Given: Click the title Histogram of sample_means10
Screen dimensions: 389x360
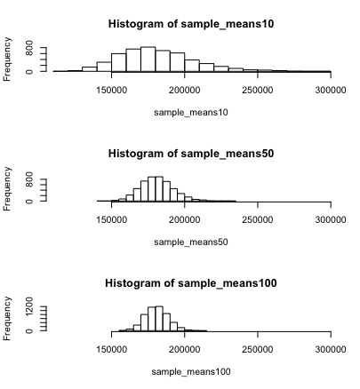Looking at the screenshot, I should click(190, 23).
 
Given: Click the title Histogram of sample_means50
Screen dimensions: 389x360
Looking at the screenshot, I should click(190, 153).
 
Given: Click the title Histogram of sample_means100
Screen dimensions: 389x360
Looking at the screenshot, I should click(190, 282).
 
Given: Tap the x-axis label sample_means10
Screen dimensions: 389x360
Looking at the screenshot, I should click(191, 112).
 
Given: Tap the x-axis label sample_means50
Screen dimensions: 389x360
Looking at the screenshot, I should click(191, 242).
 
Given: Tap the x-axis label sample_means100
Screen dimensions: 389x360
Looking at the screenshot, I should click(191, 371).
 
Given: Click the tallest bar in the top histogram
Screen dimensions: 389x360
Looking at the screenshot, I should click(148, 60).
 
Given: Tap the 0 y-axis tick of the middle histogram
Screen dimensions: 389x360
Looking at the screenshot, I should click(29, 201).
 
